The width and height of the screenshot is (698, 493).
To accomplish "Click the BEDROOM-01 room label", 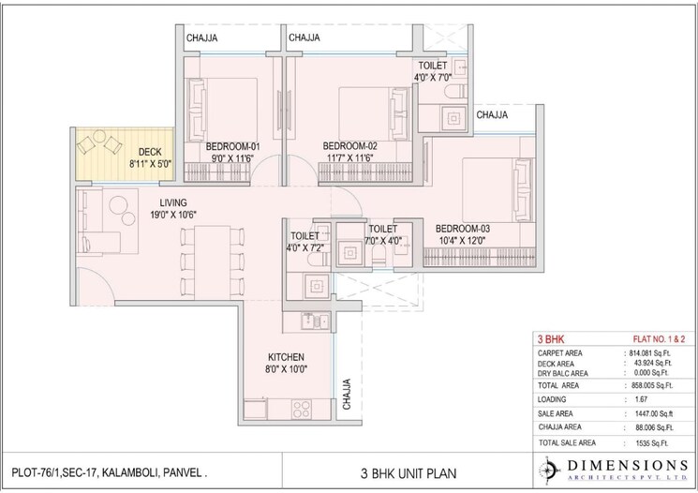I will [x=233, y=146].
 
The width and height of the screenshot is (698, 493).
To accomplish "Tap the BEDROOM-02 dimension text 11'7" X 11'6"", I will [x=349, y=158].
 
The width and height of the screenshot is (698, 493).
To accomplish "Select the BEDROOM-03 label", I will [x=462, y=228].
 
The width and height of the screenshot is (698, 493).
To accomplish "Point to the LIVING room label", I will [x=176, y=202].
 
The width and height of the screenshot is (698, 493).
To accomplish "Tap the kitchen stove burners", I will [x=302, y=408].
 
